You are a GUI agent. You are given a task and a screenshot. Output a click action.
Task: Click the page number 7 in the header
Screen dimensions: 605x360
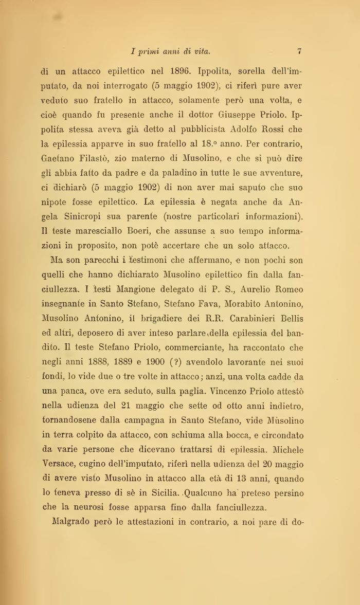[x=299, y=51]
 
